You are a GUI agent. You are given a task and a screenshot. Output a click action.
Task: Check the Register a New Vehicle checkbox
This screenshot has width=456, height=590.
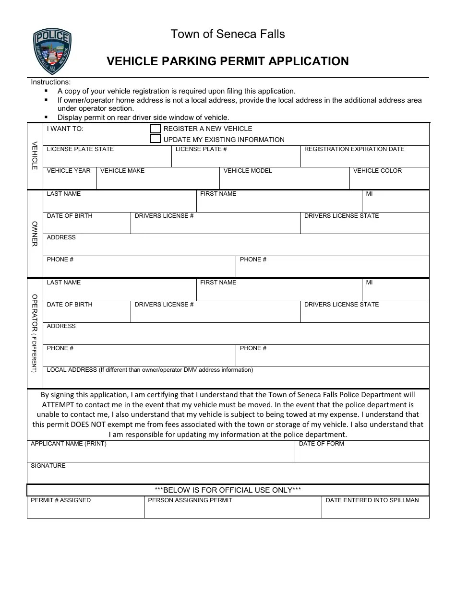pos(156,129)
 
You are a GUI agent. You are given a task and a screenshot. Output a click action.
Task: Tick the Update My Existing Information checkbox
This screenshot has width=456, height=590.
pos(156,139)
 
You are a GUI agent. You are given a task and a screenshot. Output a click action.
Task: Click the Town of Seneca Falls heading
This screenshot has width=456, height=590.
pos(228,34)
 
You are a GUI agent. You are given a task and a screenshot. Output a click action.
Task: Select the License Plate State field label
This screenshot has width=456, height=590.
pos(80,149)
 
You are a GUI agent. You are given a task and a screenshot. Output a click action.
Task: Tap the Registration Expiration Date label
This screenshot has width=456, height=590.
pos(354,149)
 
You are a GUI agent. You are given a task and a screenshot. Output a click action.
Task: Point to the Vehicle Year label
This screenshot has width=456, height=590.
pos(69,171)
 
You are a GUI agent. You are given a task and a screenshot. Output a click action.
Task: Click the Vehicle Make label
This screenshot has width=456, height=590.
pos(122,171)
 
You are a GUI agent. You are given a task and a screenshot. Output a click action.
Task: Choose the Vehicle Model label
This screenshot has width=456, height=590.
pos(248,171)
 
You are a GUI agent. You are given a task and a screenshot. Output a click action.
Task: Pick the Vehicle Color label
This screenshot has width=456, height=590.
pos(377,171)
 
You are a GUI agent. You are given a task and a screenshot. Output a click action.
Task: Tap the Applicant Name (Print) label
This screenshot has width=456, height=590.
pos(69,444)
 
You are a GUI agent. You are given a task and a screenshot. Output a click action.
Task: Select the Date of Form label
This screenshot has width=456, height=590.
pos(321,444)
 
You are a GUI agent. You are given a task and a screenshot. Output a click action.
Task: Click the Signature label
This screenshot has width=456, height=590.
pos(48,466)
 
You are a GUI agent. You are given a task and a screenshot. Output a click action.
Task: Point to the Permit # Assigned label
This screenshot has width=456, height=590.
pos(60,500)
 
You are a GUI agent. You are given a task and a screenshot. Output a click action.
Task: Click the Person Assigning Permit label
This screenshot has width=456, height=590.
pos(190,500)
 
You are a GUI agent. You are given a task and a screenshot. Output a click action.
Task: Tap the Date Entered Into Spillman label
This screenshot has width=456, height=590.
pos(372,500)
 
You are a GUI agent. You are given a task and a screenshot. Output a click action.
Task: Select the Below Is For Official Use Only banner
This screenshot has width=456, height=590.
pos(228,490)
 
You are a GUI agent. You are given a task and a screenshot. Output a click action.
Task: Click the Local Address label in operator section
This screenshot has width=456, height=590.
pos(150,370)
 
